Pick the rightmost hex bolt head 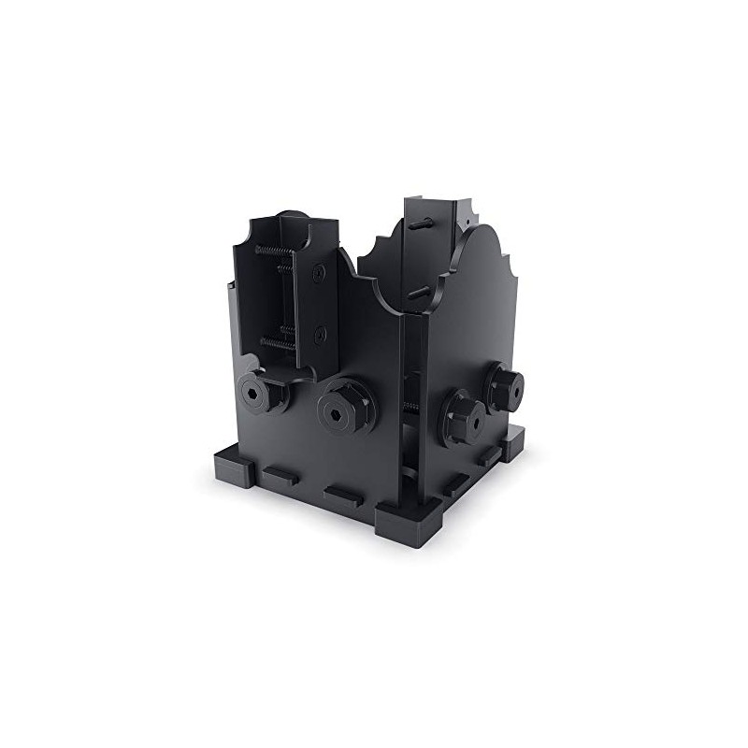[504, 383]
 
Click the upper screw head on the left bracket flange [321, 272]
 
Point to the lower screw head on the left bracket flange [321, 332]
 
